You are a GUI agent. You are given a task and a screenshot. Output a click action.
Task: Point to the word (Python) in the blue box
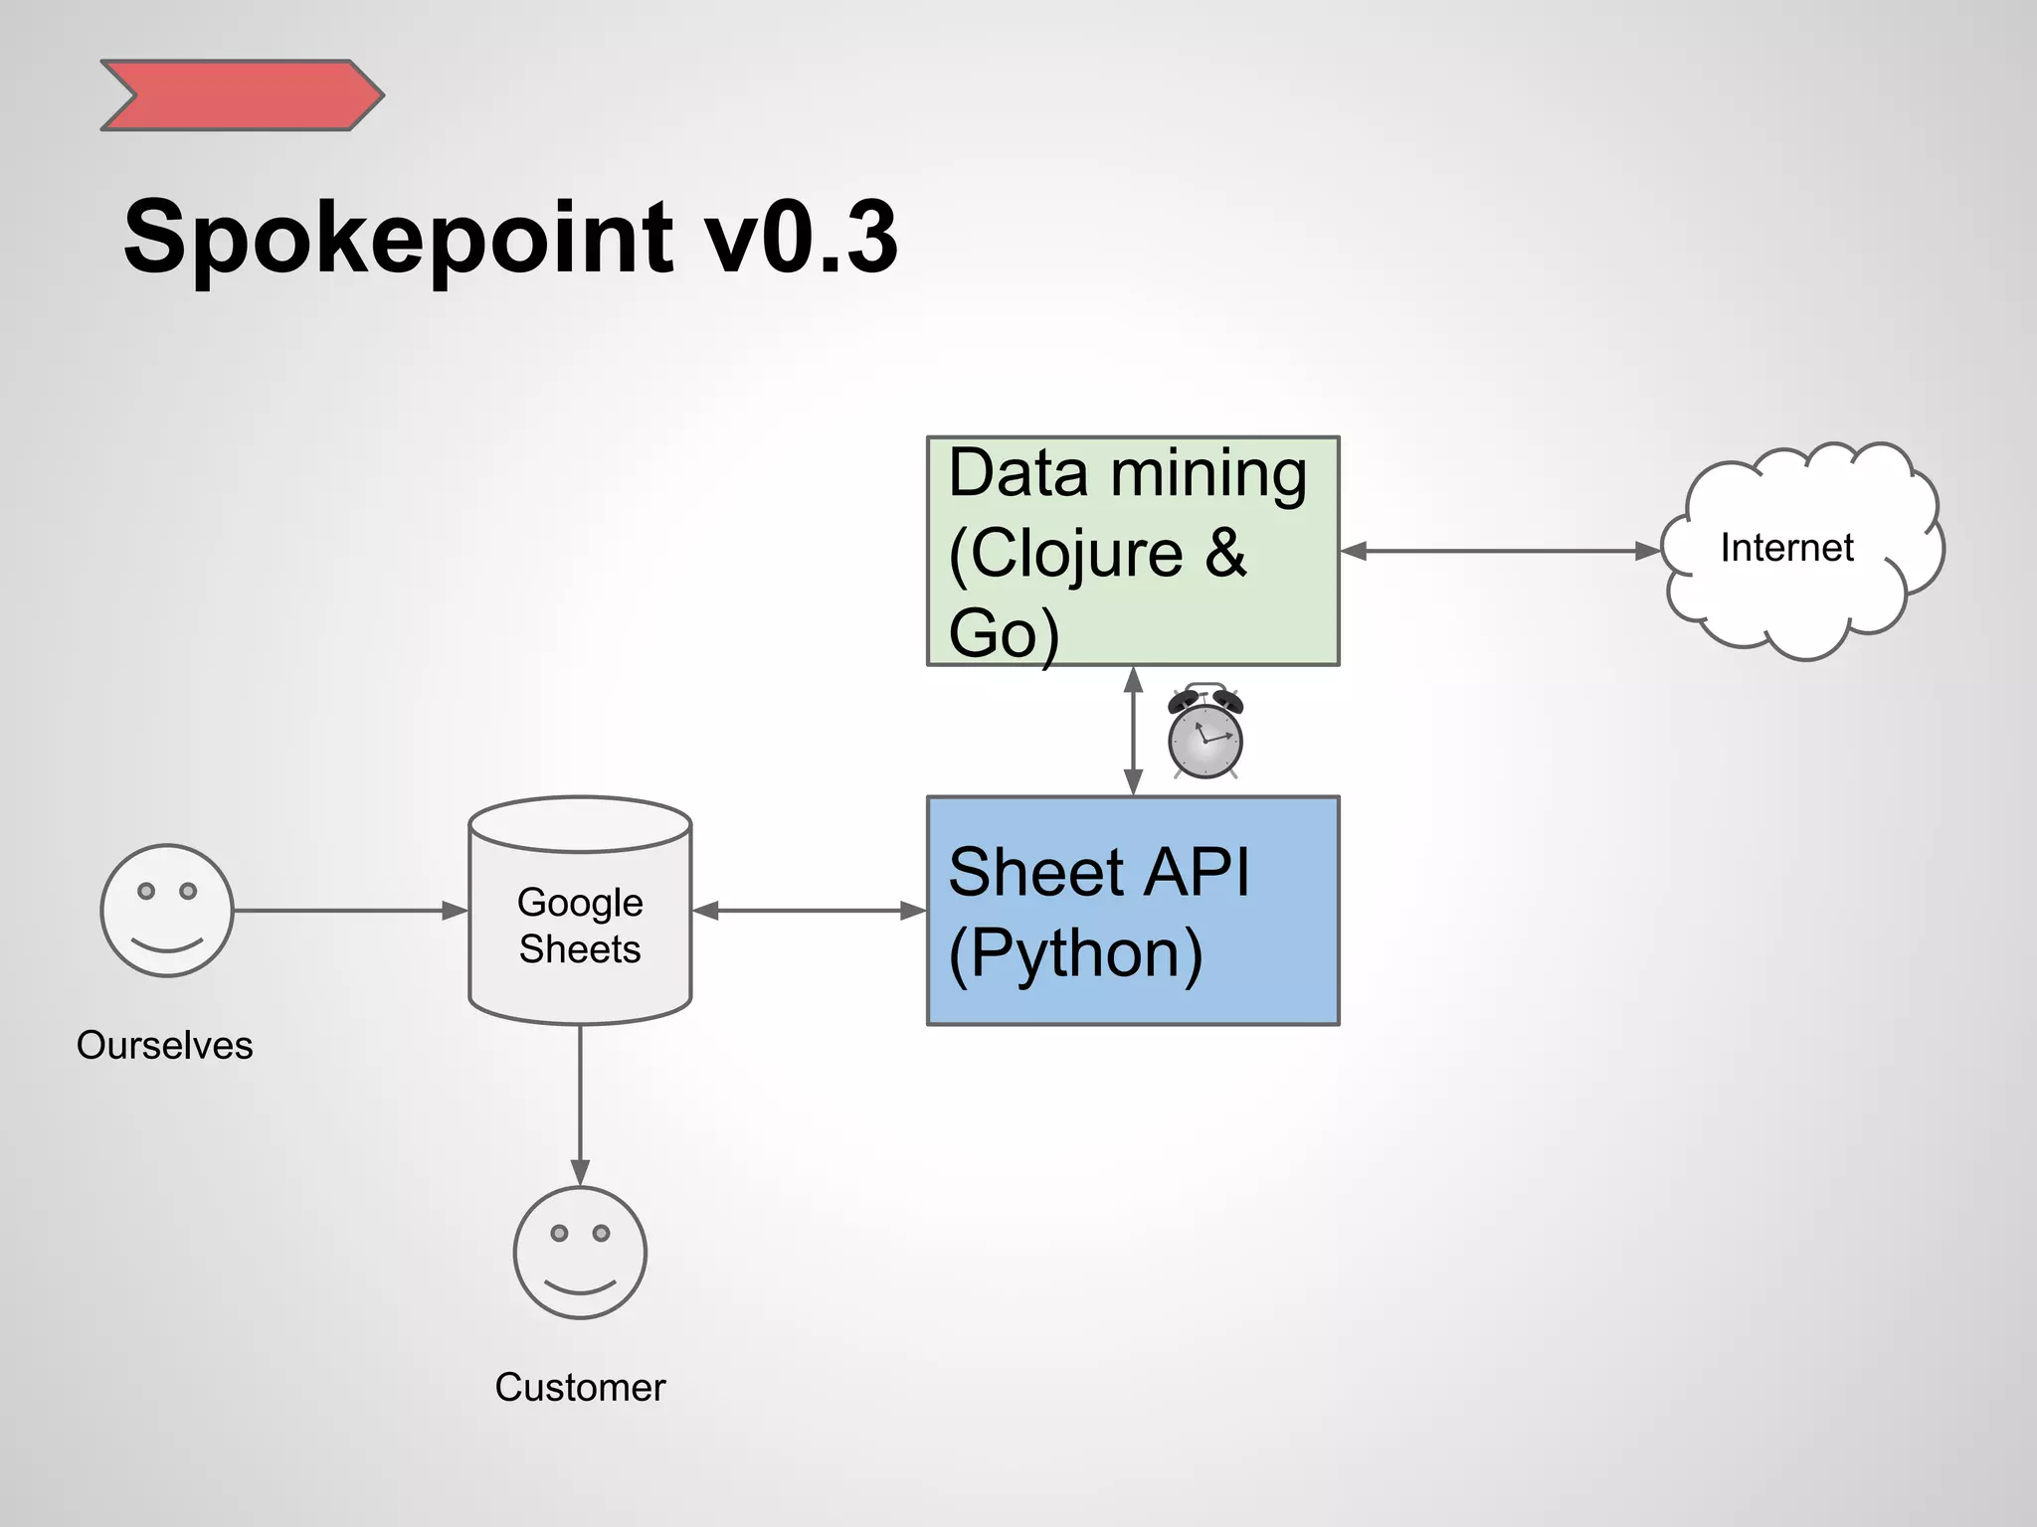(x=1076, y=953)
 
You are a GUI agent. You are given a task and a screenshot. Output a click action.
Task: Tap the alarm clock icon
(x=1205, y=733)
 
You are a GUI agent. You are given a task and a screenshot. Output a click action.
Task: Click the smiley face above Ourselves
(x=167, y=911)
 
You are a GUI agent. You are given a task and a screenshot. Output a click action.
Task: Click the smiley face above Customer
(x=580, y=1253)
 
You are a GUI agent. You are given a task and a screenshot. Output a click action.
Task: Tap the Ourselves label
(x=165, y=1046)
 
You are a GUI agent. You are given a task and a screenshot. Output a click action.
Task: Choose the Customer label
(x=580, y=1388)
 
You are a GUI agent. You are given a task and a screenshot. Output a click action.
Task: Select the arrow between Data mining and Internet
(x=1500, y=551)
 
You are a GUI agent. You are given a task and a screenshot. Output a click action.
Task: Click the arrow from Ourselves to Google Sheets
(x=348, y=911)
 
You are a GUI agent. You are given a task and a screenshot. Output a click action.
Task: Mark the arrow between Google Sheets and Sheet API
(x=809, y=911)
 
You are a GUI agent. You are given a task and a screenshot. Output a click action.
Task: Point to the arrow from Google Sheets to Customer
(x=580, y=1103)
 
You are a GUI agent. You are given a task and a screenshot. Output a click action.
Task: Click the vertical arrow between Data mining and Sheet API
(x=1133, y=731)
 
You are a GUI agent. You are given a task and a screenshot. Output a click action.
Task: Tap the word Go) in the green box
(x=1003, y=634)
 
